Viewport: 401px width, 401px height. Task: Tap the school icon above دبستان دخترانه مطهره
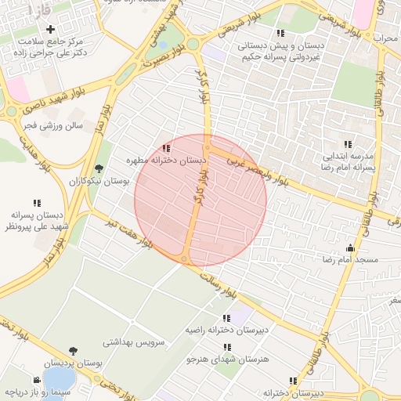165,147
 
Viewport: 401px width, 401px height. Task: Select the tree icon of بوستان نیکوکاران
98,168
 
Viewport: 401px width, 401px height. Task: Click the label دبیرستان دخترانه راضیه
226,331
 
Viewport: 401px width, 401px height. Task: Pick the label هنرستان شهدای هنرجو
227,359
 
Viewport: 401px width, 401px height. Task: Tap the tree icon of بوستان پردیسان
73,352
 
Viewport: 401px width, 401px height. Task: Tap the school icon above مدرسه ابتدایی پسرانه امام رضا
347,144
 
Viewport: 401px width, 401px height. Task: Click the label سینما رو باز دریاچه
39,390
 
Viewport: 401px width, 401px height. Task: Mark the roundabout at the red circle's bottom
185,259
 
